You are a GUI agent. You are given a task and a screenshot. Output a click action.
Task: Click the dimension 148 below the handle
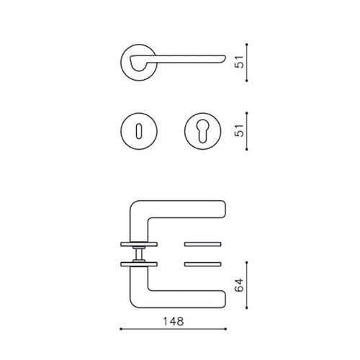click(174, 321)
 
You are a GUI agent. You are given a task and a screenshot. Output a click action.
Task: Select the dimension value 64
click(239, 285)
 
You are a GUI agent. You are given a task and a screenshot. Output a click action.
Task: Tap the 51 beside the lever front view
click(239, 62)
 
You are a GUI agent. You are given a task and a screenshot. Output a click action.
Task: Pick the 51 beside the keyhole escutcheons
click(239, 130)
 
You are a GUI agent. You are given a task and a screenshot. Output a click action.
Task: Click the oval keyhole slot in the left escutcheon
click(139, 131)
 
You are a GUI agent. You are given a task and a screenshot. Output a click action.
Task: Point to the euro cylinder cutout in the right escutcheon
click(203, 130)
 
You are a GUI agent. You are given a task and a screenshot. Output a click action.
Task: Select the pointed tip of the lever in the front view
click(225, 57)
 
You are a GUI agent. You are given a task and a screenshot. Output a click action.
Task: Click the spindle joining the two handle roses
click(139, 254)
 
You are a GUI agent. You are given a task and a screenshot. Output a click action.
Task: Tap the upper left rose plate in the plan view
click(139, 244)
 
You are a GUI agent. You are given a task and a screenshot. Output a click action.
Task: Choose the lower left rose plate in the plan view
click(139, 264)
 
